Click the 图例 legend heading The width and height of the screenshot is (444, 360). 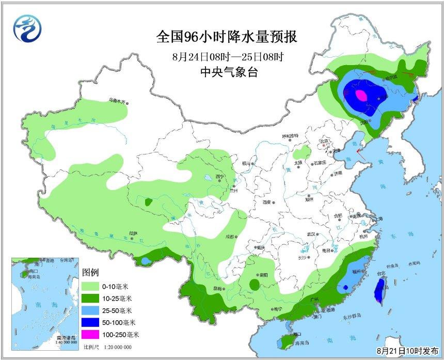coord(90,272)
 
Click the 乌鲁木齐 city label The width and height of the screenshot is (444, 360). coord(117,101)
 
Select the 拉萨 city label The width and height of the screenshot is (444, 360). coord(134,233)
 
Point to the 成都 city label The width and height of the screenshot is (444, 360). coord(229,237)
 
